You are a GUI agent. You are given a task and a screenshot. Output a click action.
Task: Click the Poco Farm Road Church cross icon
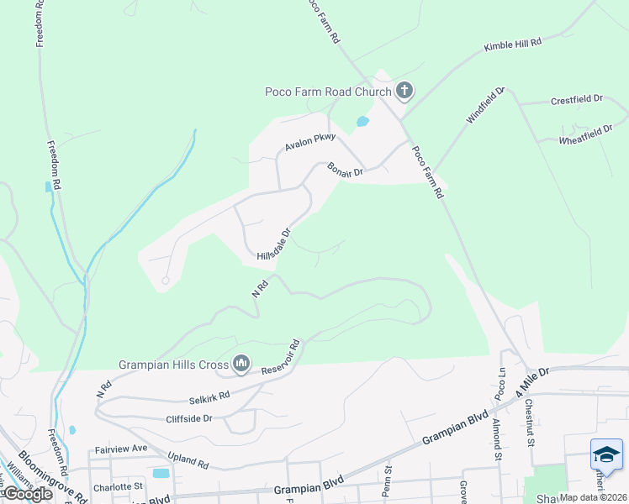[x=404, y=91]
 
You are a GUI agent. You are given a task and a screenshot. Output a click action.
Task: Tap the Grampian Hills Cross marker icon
[x=241, y=363]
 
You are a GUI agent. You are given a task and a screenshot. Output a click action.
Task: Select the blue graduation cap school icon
[x=606, y=454]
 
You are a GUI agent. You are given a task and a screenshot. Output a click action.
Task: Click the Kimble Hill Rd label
[x=512, y=45]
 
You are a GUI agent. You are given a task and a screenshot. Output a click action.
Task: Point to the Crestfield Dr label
[x=577, y=99]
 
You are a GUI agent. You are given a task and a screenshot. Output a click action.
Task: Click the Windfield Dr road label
[x=486, y=106]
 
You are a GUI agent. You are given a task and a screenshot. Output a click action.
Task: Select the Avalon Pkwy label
[x=309, y=142]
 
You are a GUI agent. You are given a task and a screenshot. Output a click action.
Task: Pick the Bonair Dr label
[x=345, y=169]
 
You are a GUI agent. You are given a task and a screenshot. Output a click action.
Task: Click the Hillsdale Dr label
[x=273, y=244]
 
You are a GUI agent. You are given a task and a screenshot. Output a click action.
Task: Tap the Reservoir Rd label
[x=280, y=358]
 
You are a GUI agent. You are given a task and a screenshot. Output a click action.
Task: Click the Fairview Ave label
[x=120, y=449]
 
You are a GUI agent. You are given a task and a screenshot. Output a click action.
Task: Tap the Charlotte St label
[x=119, y=486]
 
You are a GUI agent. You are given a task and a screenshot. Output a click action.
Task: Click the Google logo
[x=27, y=493]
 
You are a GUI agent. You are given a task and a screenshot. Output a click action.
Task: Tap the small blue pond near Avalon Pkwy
[x=362, y=121]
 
